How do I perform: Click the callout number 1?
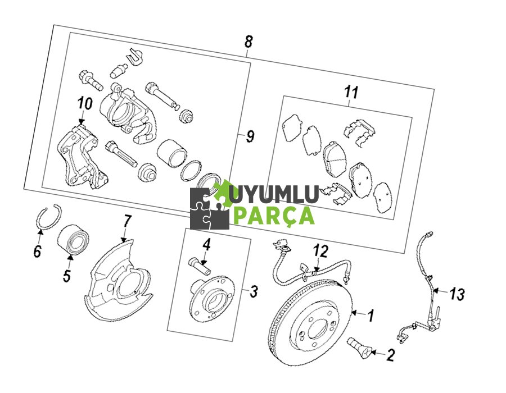coord(371,316)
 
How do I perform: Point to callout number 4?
coord(207,245)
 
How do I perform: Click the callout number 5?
coord(66,276)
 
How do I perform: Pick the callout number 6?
coord(37,252)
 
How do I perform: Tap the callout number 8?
coord(249,41)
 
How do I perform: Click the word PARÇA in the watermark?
coord(273,214)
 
